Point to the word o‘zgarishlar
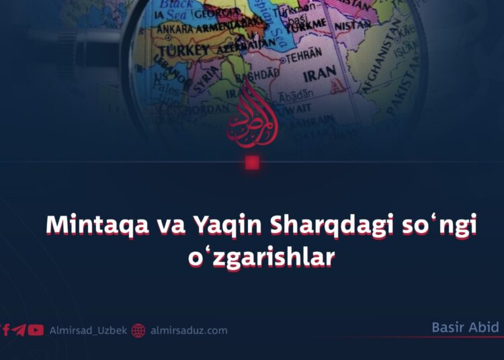pos(261,258)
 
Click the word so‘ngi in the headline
pos(437,227)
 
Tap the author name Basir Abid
pos(465,328)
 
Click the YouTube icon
pos(36,330)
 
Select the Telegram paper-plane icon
pos(19,330)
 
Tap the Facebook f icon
pos(6,330)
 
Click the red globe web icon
pos(138,330)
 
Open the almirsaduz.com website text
pos(189,330)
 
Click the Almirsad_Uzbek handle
pos(89,330)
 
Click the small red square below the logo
pos(252,163)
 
